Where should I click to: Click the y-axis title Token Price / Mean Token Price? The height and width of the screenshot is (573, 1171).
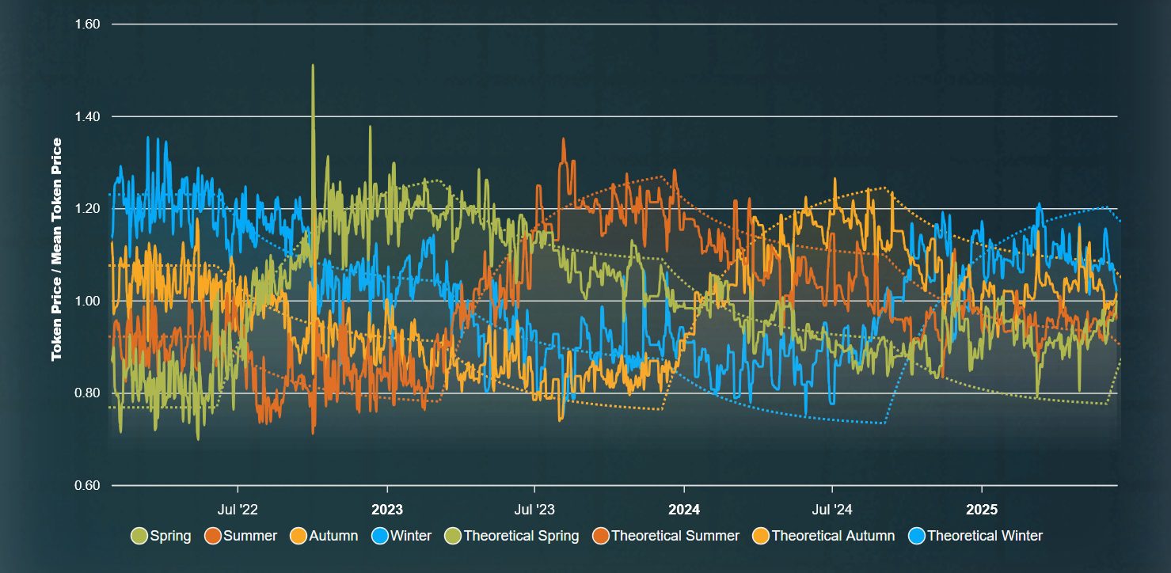coord(57,249)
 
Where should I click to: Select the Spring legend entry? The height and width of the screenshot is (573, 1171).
coord(162,536)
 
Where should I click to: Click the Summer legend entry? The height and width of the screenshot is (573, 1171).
coord(241,536)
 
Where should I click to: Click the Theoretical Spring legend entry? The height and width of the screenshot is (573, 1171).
coord(512,536)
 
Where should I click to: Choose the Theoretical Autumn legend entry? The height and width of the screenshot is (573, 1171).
coord(823,536)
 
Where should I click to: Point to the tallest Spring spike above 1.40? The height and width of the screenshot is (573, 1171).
coord(313,66)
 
